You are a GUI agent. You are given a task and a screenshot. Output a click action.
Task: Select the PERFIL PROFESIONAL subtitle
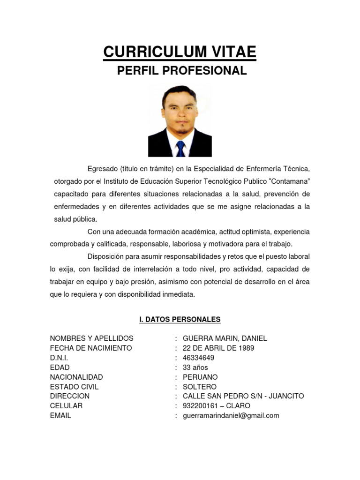[181, 71]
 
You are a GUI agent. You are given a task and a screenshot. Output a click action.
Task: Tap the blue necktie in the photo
[180, 149]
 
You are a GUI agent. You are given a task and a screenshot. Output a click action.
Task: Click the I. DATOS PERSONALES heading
[180, 320]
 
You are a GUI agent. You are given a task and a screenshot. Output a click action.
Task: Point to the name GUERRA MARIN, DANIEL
[225, 338]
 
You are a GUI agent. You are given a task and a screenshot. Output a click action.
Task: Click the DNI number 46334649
[199, 358]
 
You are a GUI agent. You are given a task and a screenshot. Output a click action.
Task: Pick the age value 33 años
[195, 367]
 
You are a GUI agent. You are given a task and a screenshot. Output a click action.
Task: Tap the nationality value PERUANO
[200, 377]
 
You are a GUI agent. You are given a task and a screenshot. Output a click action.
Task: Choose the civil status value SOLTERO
[200, 387]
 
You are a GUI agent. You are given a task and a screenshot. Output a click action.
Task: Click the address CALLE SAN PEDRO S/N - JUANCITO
[243, 396]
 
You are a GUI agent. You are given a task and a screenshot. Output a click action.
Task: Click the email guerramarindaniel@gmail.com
[231, 415]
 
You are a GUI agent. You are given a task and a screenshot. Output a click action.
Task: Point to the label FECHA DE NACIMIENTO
[91, 348]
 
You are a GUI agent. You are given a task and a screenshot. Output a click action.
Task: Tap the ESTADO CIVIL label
[74, 387]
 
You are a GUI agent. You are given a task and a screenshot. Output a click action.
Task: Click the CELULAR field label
[66, 406]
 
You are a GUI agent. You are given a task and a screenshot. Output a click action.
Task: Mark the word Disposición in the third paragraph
[105, 257]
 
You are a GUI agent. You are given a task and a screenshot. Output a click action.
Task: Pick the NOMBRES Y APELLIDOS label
[91, 338]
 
